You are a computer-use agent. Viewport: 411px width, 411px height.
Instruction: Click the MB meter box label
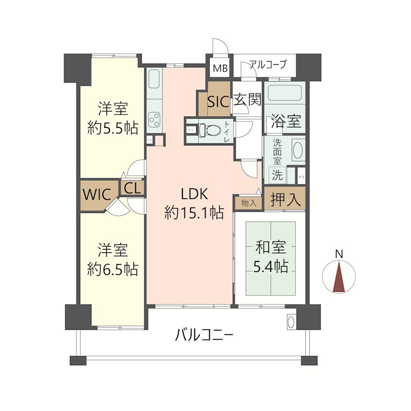(220, 68)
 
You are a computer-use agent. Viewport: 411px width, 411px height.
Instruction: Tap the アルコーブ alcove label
(268, 64)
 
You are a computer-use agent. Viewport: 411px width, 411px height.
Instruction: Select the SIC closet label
(219, 101)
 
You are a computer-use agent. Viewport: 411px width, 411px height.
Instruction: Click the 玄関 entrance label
(247, 99)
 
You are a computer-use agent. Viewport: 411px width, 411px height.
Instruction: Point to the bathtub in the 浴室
(285, 92)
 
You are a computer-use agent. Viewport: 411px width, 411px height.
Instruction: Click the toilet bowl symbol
(210, 130)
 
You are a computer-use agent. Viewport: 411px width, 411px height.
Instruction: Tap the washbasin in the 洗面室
(298, 151)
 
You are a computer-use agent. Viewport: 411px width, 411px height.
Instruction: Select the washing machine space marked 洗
(277, 175)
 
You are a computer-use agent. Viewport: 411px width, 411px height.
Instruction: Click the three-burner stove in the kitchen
(155, 120)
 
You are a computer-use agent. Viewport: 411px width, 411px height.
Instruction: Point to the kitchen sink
(154, 79)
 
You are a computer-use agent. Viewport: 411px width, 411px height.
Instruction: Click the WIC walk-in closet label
(97, 195)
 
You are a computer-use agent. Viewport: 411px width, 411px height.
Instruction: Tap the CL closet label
(133, 188)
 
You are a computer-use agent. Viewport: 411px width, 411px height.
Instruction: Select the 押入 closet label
(285, 199)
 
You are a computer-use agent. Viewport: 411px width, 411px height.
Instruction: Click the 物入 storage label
(249, 203)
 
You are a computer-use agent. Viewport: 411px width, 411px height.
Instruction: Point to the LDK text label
(194, 194)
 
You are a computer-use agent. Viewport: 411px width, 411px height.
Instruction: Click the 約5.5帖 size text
(113, 128)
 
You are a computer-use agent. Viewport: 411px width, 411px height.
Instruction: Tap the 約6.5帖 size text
(113, 269)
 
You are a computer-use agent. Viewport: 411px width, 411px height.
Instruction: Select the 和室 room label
(271, 248)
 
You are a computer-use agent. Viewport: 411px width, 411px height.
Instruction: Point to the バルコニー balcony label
(204, 335)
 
